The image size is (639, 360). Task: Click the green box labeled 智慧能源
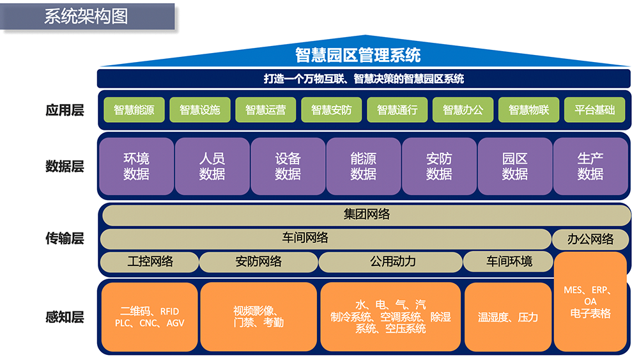coord(134,110)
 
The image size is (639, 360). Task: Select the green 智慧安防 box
coord(331,110)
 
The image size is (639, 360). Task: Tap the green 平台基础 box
coord(594,110)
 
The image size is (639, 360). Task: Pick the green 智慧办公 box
coord(463,110)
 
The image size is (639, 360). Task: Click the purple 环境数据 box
coord(137,166)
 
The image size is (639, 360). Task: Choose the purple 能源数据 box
coord(364,166)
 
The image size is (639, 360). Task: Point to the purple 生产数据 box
coord(590,166)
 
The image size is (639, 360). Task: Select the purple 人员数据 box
coord(212,166)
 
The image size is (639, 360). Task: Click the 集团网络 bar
coord(366,215)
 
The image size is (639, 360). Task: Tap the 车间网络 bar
coord(326,239)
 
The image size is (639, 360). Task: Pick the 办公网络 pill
coord(590,239)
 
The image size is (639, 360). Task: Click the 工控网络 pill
coord(150,262)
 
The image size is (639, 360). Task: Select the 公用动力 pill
coord(390,262)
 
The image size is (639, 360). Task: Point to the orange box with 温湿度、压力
coord(508,317)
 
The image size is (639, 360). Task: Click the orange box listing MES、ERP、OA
coord(590,302)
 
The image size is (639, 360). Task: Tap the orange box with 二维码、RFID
coord(150,317)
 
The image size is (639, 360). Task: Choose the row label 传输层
coord(65,238)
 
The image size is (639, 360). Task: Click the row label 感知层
coord(65,317)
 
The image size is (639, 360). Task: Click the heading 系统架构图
coord(86,17)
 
